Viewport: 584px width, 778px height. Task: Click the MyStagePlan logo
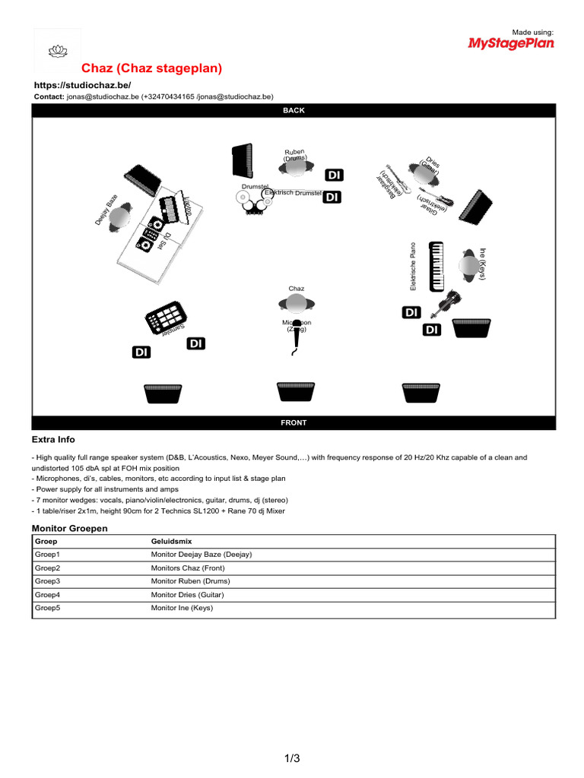(x=510, y=43)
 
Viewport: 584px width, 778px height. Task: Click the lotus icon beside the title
(x=58, y=52)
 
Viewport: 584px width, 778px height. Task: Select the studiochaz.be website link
(x=81, y=85)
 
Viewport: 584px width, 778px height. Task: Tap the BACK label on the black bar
(x=294, y=110)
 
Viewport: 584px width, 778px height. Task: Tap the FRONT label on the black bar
(x=294, y=422)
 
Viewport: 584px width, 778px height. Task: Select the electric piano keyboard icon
(x=436, y=266)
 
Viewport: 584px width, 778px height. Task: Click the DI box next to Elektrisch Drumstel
(x=332, y=198)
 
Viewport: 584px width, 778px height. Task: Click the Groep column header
(x=46, y=541)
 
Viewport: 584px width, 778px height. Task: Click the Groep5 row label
(x=47, y=608)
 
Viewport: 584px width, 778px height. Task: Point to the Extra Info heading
(x=53, y=440)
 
